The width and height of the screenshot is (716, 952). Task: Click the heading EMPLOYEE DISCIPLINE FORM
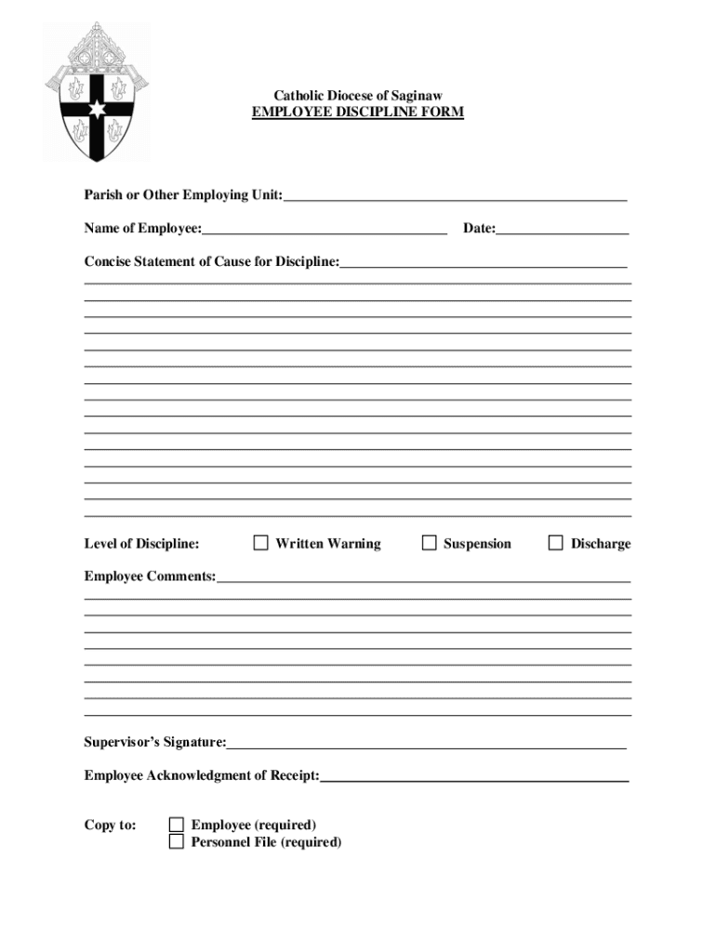tap(358, 112)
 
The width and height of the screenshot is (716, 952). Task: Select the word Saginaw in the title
tap(418, 96)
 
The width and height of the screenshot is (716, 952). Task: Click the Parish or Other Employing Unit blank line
tap(456, 198)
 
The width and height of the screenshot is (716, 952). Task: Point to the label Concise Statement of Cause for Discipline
tap(212, 262)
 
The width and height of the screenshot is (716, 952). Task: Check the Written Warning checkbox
tap(261, 543)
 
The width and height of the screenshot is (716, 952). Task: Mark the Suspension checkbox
tap(429, 543)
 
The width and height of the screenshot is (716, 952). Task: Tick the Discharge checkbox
tap(555, 543)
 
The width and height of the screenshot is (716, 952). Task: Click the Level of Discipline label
tap(141, 544)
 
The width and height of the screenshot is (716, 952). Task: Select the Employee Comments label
tap(150, 576)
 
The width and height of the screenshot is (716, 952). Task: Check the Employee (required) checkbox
tap(177, 825)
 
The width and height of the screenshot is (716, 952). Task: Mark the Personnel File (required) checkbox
tap(177, 842)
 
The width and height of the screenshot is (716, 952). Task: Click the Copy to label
tap(111, 825)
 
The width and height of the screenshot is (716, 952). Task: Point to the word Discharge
tap(601, 544)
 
